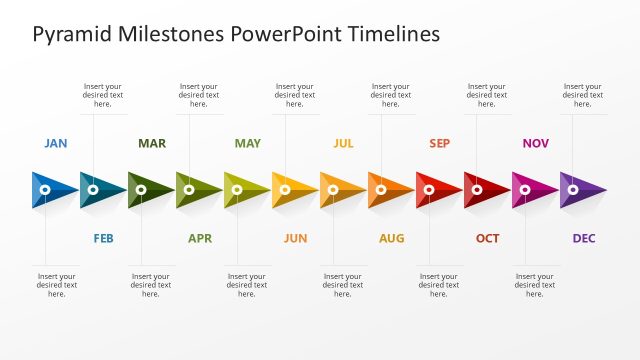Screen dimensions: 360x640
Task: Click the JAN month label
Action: coord(56,143)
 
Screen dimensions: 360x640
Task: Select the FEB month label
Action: coord(103,238)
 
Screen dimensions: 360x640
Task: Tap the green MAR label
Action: coord(152,143)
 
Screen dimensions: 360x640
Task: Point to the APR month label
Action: coord(199,238)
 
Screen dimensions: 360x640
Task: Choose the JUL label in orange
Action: coord(343,143)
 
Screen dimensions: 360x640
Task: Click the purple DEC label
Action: coord(583,238)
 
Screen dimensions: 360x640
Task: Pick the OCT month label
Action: coord(487,238)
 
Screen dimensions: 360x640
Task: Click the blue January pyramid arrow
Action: coord(55,189)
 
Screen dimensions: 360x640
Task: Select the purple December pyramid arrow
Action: coord(583,189)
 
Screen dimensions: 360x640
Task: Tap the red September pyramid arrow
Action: coord(439,189)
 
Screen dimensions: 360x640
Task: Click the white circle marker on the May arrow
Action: coord(237,189)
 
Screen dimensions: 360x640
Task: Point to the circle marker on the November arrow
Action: coord(525,189)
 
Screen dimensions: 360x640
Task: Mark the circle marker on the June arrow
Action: coord(285,189)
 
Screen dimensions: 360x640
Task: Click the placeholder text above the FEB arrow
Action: coord(103,95)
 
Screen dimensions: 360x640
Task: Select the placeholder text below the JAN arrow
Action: coord(56,285)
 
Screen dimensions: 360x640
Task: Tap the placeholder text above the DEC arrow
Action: coord(582,95)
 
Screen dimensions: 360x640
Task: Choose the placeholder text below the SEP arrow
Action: coord(439,285)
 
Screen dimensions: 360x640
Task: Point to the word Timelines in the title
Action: coord(394,35)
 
